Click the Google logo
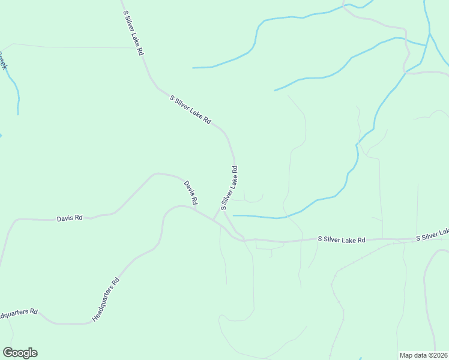click(20, 353)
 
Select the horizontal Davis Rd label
click(70, 218)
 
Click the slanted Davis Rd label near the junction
click(191, 193)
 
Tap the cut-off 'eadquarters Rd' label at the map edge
click(19, 314)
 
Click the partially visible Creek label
click(2, 60)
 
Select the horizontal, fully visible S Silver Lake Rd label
click(341, 240)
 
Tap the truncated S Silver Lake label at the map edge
click(433, 235)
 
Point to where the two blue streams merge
click(427, 45)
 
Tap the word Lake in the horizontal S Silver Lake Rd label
click(349, 240)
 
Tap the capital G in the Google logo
click(8, 353)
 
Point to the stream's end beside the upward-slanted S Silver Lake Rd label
click(234, 215)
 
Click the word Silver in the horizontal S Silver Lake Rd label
click(331, 240)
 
